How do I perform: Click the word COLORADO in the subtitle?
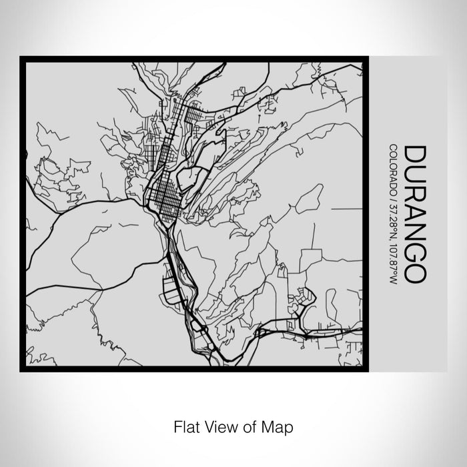394,167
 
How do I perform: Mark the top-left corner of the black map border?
21,58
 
